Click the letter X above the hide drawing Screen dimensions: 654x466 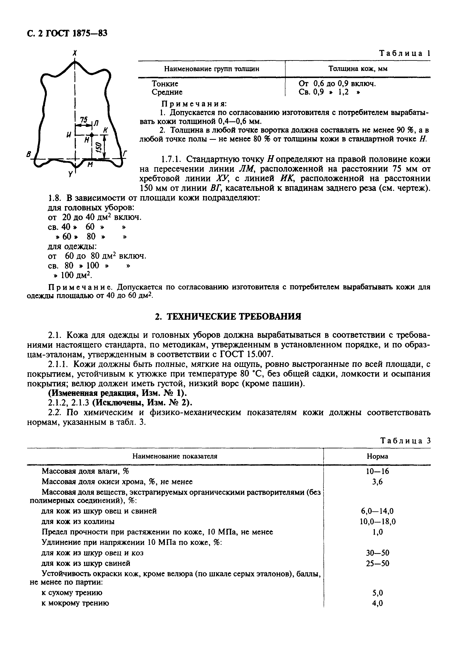pyautogui.click(x=75, y=53)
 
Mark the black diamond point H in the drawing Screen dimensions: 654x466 pyautogui.click(x=91, y=135)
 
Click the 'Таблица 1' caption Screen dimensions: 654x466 pyautogui.click(x=405, y=53)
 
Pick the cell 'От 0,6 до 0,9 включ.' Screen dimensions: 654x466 pyautogui.click(x=337, y=84)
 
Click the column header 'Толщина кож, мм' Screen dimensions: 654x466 pyautogui.click(x=358, y=69)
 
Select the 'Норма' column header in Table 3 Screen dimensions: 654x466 pyautogui.click(x=377, y=456)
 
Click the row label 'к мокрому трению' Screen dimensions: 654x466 pyautogui.click(x=75, y=603)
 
